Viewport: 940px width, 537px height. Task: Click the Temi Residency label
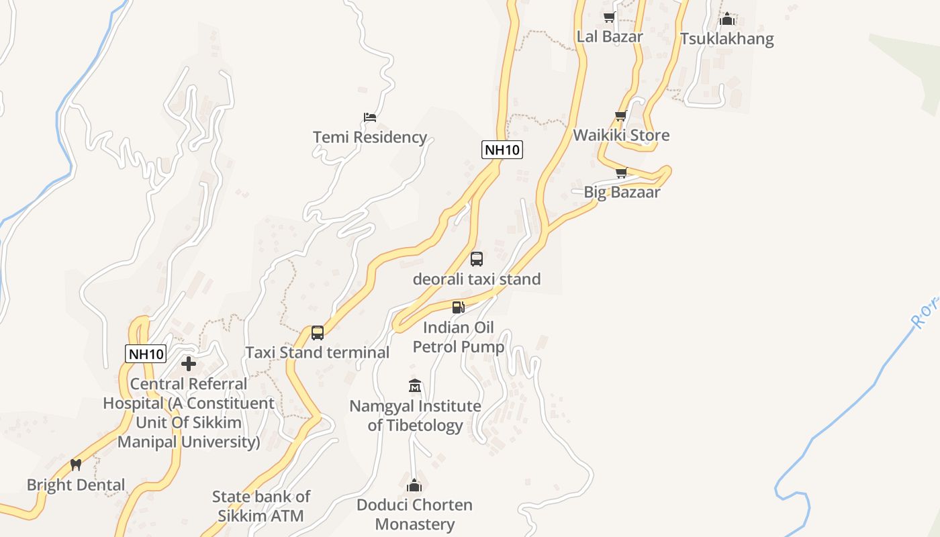(370, 138)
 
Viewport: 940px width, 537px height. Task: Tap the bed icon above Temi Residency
(370, 117)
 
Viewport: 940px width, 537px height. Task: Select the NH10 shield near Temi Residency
(502, 150)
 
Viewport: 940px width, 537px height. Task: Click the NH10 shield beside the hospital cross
(146, 354)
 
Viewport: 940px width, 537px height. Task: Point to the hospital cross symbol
(189, 364)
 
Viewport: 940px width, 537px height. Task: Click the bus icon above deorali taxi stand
(477, 259)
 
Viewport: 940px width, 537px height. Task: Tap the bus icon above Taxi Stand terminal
(318, 333)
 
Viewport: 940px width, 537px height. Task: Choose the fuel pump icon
(459, 307)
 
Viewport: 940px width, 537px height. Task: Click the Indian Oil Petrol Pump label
(459, 337)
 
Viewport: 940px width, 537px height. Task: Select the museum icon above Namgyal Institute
(415, 386)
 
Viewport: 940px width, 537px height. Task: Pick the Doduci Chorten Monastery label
(415, 514)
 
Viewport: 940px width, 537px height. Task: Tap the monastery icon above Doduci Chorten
(415, 485)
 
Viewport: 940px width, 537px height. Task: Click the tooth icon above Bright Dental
(76, 465)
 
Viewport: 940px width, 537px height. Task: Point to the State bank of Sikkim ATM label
(261, 506)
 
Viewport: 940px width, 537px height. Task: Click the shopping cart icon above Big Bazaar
(621, 173)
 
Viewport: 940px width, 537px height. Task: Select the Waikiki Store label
(621, 136)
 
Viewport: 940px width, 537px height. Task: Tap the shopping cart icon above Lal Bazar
(609, 17)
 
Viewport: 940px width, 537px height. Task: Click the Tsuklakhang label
(727, 39)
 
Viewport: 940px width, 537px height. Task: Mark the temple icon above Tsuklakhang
(727, 19)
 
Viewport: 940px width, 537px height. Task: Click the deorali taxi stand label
(477, 279)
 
